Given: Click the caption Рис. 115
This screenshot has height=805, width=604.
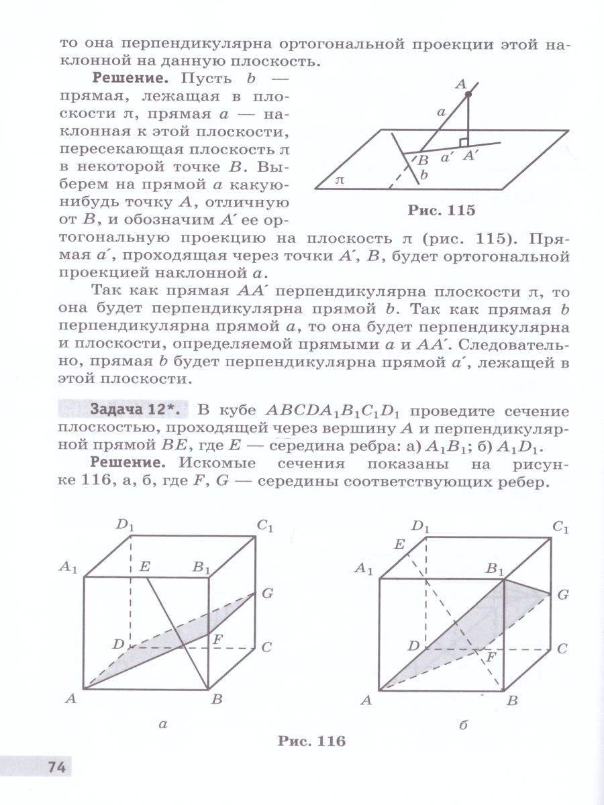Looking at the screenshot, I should coord(441,210).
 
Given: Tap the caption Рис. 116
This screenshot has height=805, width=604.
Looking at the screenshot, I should coord(311,741).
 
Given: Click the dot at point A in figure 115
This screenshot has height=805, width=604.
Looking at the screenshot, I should coord(468,96).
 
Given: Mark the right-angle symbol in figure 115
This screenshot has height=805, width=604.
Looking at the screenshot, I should coord(463,142).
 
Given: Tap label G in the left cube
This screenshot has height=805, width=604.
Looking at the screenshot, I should coord(268,593).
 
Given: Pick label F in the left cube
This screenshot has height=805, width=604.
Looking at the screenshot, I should coord(218,639).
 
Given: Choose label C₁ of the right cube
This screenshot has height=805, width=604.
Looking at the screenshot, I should coord(561,528).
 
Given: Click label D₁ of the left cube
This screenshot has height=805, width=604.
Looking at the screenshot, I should coord(125,524).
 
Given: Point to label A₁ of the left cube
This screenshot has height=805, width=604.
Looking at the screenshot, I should coord(68,568).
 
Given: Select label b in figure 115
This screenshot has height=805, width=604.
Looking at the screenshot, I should coord(423,176).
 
